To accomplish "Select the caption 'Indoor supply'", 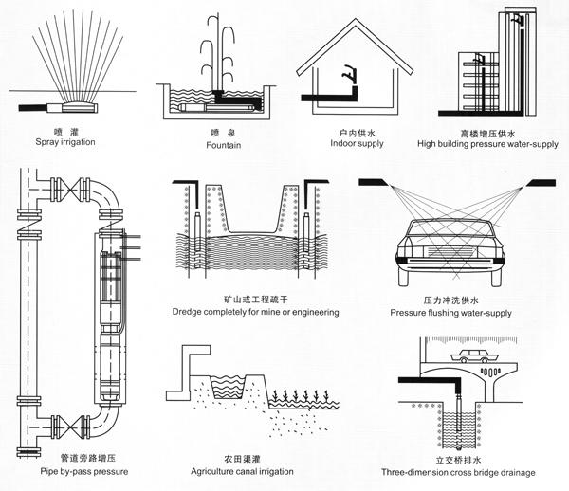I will click(x=355, y=143).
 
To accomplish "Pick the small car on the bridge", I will click(x=471, y=358).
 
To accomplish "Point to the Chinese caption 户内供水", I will click(x=354, y=132).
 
